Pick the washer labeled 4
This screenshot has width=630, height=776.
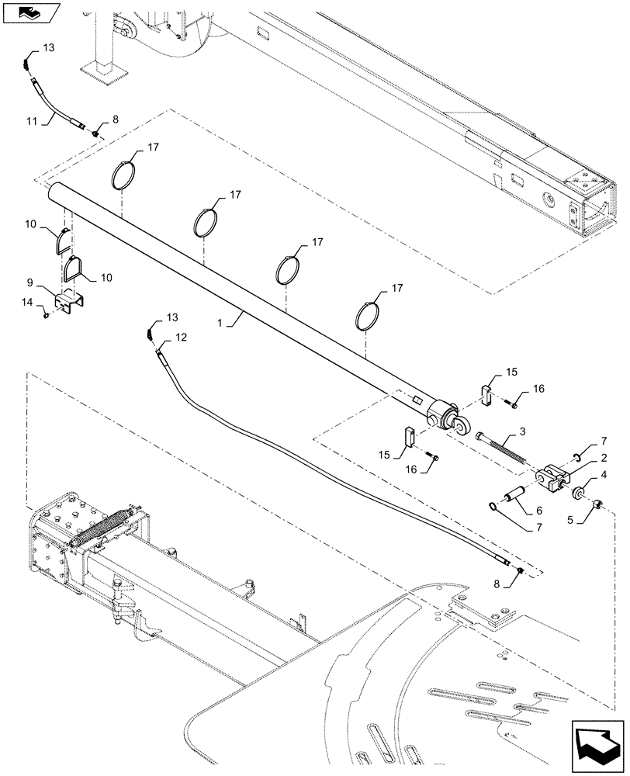[x=577, y=493]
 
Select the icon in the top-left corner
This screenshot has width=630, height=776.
[x=31, y=13]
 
